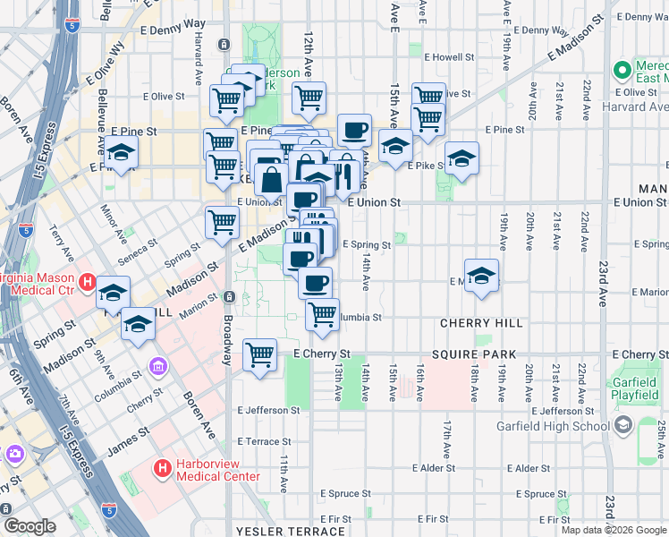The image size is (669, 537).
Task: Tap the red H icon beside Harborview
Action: point(162,468)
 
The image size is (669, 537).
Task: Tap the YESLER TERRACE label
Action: point(278,531)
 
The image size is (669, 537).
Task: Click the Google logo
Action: point(30,526)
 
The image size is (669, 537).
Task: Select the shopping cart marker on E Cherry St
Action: point(259,354)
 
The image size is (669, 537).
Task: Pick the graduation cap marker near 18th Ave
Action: point(481,277)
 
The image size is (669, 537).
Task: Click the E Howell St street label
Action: point(448,56)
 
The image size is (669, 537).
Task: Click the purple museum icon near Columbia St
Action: point(157,365)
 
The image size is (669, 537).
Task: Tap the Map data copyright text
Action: point(613,530)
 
